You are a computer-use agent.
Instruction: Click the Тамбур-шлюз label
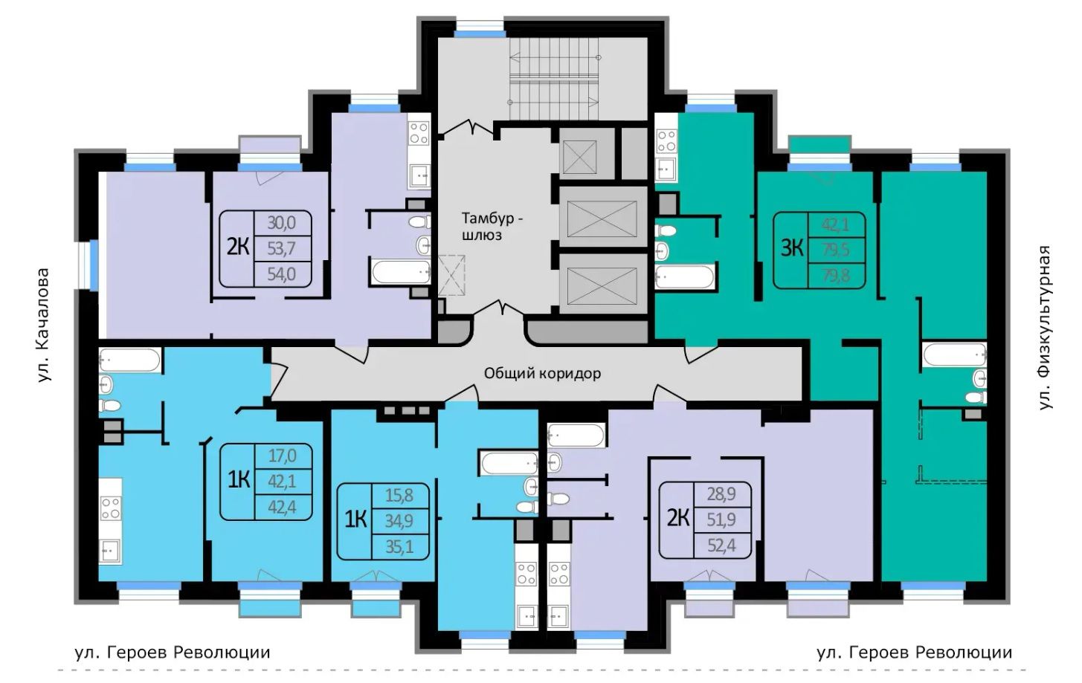tap(492, 227)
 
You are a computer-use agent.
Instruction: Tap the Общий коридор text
tap(542, 373)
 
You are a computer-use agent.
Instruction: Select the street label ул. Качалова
tap(44, 326)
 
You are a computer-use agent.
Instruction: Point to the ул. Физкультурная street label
tap(1045, 328)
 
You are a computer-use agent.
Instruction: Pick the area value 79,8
tap(835, 276)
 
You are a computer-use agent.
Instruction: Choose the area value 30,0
tap(282, 223)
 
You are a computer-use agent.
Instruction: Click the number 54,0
tap(282, 274)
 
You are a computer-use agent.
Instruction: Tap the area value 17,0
tap(283, 456)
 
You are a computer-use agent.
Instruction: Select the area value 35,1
tap(400, 547)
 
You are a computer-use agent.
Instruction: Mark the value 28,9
tap(721, 493)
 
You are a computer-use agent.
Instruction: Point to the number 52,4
tap(721, 546)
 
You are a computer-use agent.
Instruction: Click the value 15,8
tap(399, 495)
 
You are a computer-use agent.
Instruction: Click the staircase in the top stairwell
tap(554, 79)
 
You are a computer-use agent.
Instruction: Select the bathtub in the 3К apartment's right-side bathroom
tap(955, 355)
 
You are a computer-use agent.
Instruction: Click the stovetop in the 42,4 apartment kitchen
tap(111, 508)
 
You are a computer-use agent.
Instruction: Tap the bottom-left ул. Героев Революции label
tap(173, 653)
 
